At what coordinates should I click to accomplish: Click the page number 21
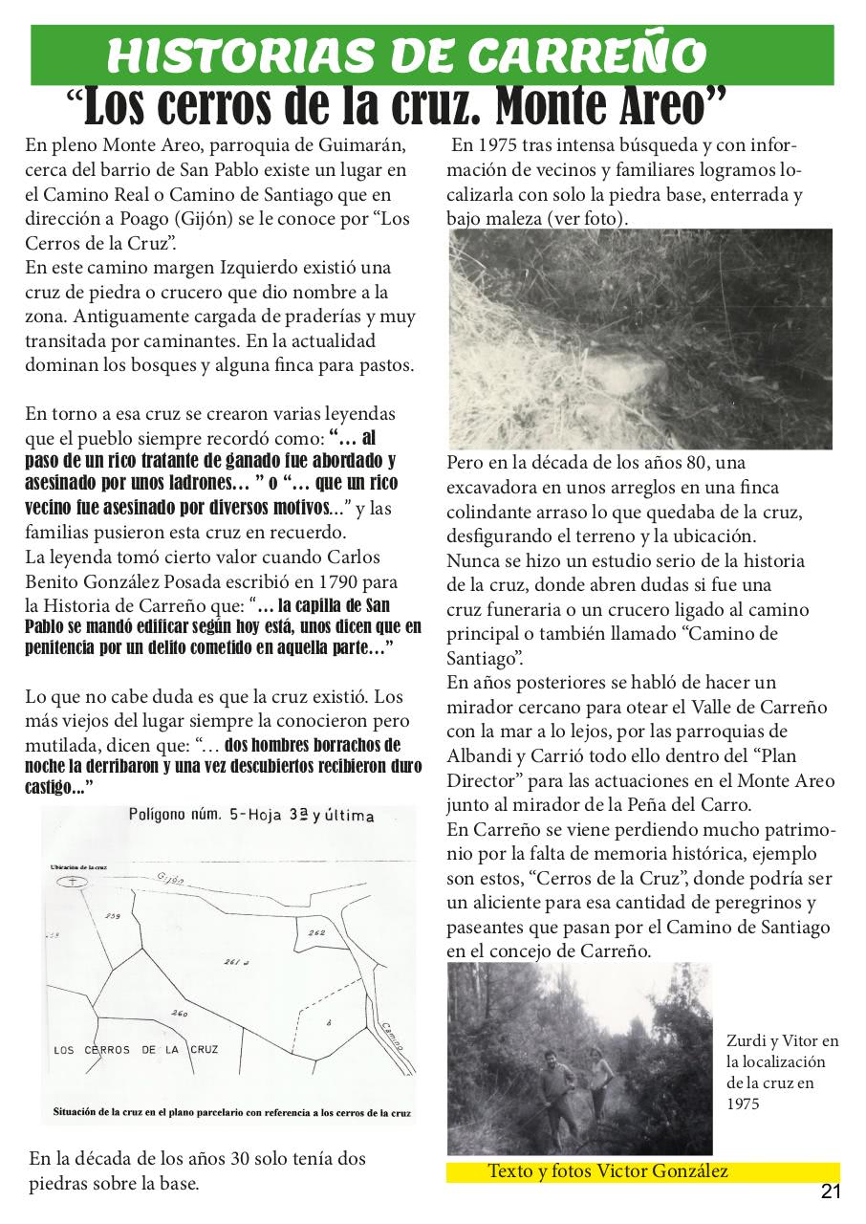[830, 1191]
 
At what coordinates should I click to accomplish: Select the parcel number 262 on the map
[317, 931]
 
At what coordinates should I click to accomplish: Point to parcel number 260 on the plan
[179, 1013]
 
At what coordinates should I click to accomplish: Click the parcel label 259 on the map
[113, 916]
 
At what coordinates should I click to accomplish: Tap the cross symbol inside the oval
[75, 881]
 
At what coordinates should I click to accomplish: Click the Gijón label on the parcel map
[169, 877]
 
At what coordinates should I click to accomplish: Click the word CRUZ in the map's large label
[200, 1049]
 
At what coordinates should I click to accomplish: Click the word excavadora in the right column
[489, 487]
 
